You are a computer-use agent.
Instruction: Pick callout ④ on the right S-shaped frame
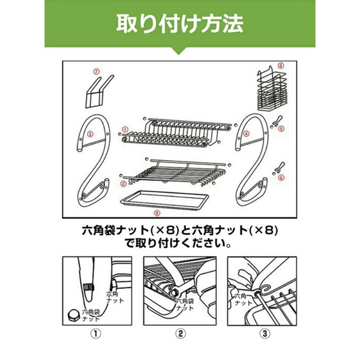(x=247, y=134)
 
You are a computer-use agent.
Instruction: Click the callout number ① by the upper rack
(x=124, y=128)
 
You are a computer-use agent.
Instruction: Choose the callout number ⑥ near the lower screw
(x=280, y=178)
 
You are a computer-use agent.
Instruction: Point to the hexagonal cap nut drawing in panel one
(x=72, y=314)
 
